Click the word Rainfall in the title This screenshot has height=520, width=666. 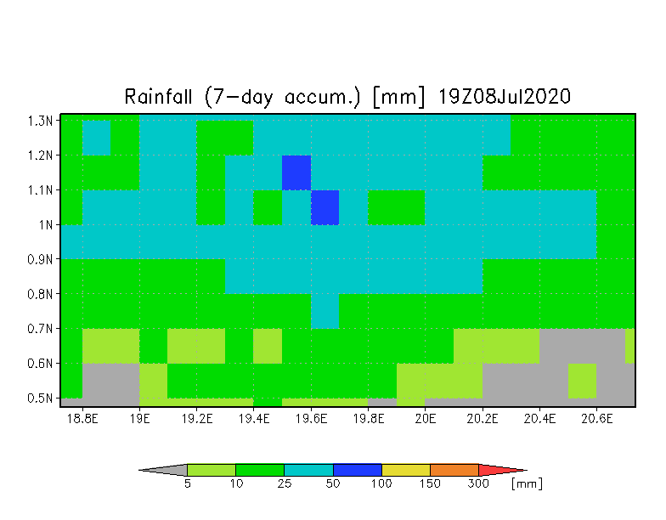pos(158,97)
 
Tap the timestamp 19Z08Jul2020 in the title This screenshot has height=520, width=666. pos(504,97)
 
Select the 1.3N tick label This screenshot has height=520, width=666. pos(41,121)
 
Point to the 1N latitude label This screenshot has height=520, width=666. pos(46,224)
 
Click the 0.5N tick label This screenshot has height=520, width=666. pos(41,398)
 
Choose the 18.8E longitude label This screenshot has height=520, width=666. pos(82,419)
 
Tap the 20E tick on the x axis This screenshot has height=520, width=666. pos(425,419)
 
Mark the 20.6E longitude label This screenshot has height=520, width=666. pos(596,419)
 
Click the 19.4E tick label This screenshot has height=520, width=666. pos(254,419)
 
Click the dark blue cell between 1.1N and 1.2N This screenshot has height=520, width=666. pos(296,173)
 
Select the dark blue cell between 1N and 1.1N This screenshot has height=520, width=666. pos(325,207)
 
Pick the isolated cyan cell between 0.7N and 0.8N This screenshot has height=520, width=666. pos(325,311)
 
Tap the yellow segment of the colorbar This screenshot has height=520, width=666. pos(406,470)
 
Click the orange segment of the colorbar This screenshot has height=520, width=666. pos(454,470)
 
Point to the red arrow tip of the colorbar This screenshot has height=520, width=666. pos(527,471)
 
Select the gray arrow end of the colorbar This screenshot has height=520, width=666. pos(139,471)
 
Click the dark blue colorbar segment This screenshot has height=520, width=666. pos(358,470)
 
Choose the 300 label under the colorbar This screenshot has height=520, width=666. pos(478,484)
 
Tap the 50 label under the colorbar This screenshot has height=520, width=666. pos(333,484)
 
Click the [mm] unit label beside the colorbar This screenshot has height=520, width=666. pos(527,484)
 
